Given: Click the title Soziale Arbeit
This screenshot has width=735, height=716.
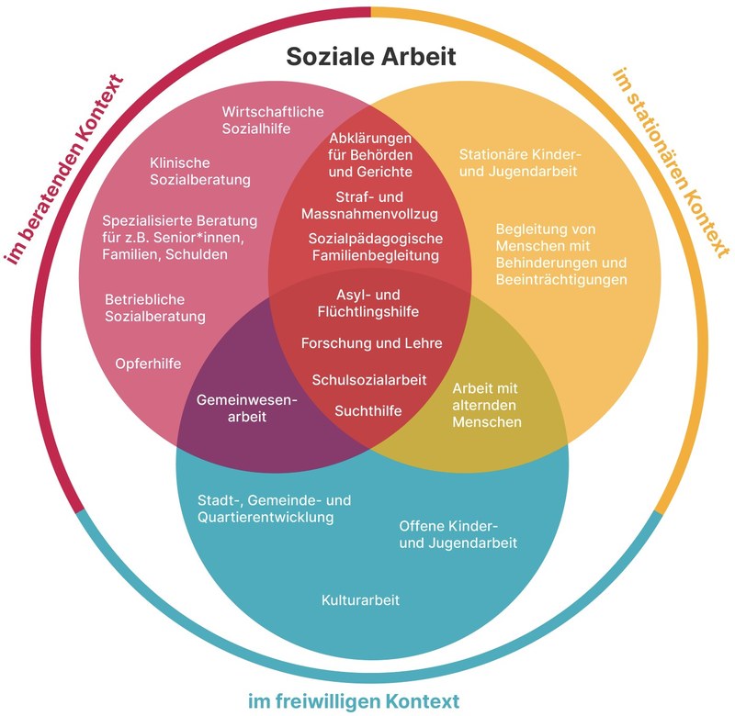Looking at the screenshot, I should (x=370, y=57).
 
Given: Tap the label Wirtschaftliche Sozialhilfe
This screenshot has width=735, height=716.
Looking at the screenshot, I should (x=272, y=120).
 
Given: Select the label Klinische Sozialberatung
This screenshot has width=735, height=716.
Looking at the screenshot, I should (x=200, y=171).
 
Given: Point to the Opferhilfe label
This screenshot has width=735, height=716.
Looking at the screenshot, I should (x=148, y=364).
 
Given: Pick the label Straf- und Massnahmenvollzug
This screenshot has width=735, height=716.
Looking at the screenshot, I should (x=369, y=206).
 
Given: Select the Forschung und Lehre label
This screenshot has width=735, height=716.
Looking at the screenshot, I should (x=371, y=343).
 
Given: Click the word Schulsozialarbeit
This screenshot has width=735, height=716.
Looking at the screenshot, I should (x=369, y=379).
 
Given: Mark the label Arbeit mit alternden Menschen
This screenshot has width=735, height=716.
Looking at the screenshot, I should (x=487, y=405).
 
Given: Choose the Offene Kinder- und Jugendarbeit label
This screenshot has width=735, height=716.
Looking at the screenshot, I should (x=458, y=534).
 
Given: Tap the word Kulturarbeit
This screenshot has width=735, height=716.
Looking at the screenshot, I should (x=360, y=600).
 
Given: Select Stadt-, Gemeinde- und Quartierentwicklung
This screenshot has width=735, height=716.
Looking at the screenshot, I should (x=275, y=509).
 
